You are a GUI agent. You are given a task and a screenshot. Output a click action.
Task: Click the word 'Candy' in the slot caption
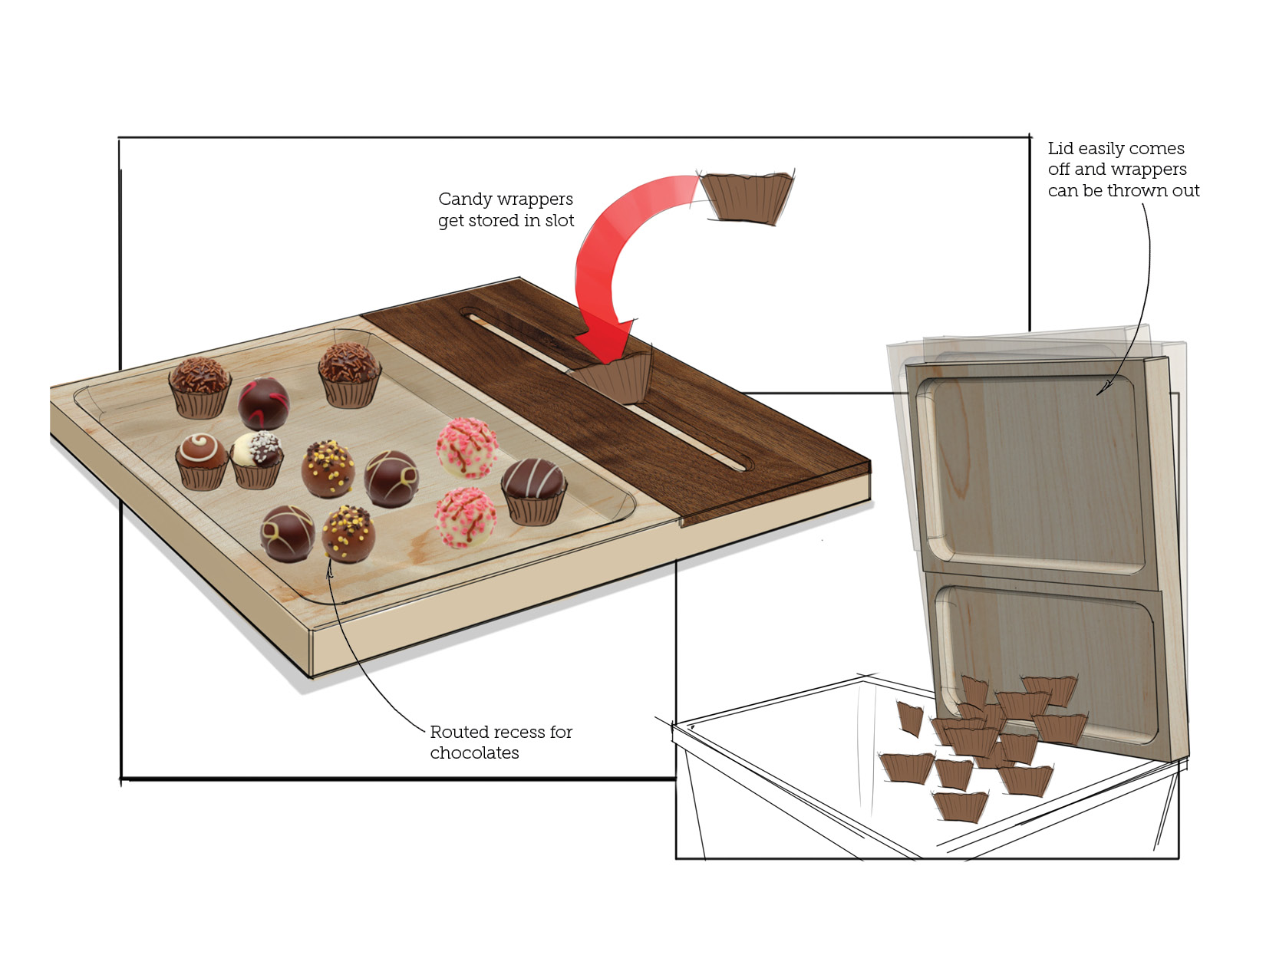click(463, 199)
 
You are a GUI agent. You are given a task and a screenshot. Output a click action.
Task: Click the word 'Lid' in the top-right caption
click(1060, 149)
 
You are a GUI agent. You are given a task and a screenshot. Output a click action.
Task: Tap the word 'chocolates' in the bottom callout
click(474, 753)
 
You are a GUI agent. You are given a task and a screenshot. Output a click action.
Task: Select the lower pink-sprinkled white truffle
click(465, 518)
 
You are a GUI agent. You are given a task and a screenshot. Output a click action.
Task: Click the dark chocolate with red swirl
click(263, 403)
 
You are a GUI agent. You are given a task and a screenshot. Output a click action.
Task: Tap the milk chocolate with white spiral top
click(201, 459)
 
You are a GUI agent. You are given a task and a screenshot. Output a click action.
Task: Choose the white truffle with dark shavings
click(257, 459)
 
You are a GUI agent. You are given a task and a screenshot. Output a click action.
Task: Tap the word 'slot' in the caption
click(559, 221)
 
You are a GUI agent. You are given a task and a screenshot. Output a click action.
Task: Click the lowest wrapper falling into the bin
click(959, 806)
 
